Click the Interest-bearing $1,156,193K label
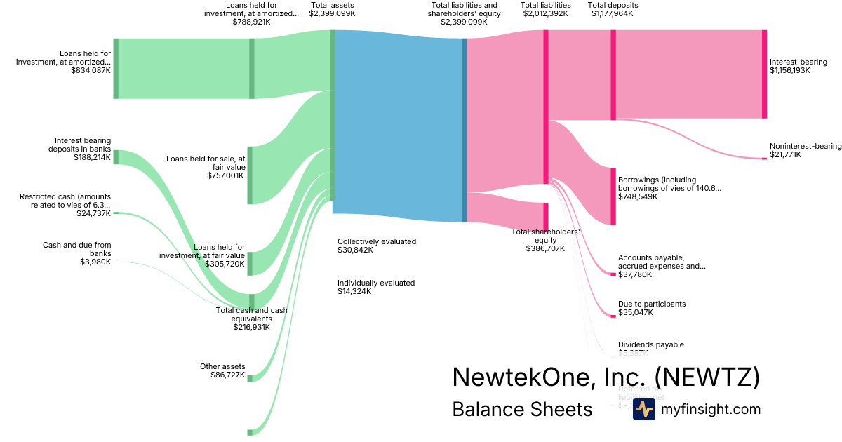[798, 66]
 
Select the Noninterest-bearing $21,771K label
[805, 150]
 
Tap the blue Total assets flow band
[398, 126]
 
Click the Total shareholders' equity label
[545, 239]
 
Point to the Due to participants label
[651, 308]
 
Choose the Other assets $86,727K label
[222, 370]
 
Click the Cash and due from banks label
[76, 253]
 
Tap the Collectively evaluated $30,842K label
[376, 245]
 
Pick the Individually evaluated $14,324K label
[376, 287]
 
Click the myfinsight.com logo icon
[643, 409]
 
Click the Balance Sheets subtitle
[522, 409]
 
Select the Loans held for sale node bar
[250, 175]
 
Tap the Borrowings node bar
[613, 196]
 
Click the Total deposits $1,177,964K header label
[613, 9]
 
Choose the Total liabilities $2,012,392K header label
[545, 9]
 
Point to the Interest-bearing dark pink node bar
[764, 74]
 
